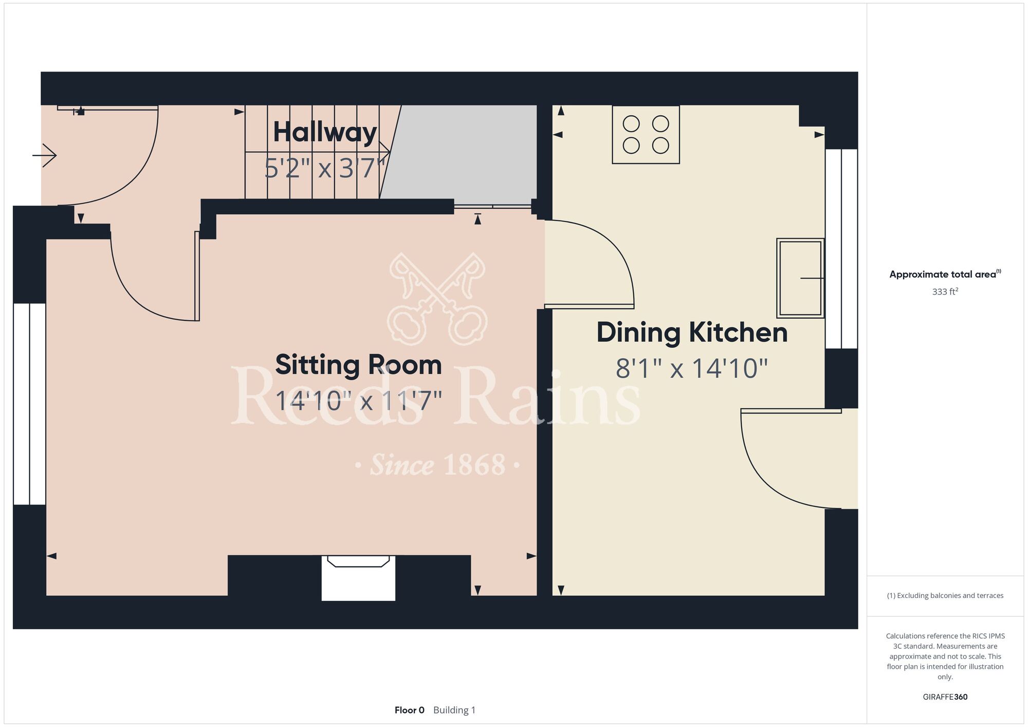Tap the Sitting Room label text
tap(358, 365)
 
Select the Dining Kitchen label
tap(692, 333)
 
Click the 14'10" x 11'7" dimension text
tap(358, 401)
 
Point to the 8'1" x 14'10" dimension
tap(692, 368)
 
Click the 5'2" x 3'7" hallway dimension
tap(325, 168)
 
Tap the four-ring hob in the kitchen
tap(646, 135)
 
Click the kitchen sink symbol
tap(800, 278)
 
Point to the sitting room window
tap(30, 404)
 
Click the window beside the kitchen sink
tap(841, 249)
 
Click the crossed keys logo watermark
tap(437, 299)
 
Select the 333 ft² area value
tap(945, 292)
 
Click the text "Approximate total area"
tap(943, 275)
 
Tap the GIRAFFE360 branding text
tap(945, 697)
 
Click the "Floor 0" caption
tap(409, 710)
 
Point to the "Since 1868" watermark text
tap(437, 465)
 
